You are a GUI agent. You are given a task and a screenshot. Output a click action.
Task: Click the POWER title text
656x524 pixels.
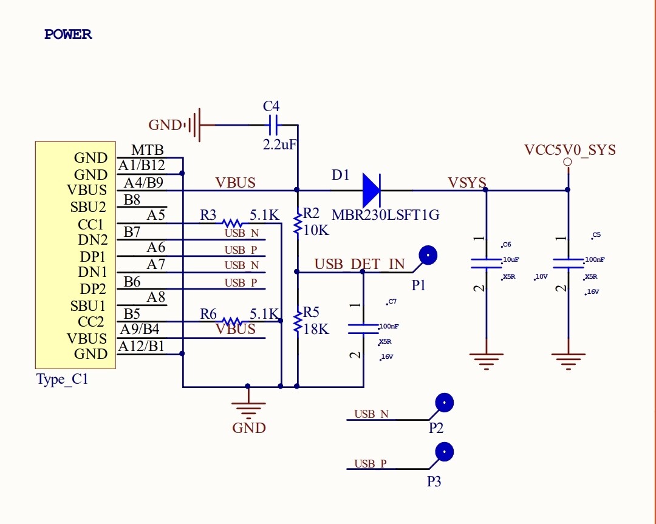[x=68, y=34]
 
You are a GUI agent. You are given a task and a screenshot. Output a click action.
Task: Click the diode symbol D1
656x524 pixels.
[x=372, y=190]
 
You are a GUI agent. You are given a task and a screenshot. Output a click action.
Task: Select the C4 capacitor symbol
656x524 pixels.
[x=272, y=124]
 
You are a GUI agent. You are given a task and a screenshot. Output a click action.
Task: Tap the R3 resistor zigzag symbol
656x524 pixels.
[x=231, y=223]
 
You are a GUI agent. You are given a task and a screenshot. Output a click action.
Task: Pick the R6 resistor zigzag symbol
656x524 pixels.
[x=231, y=321]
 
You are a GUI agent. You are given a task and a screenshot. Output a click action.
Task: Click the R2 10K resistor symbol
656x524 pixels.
[x=297, y=223]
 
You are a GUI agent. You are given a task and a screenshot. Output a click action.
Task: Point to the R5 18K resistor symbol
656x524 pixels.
[x=297, y=322]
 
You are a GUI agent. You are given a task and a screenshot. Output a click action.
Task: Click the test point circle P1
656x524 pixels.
[x=428, y=255]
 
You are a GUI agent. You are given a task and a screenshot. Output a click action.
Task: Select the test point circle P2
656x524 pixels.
[x=444, y=403]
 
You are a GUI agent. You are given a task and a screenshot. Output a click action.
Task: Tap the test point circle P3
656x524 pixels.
[x=444, y=452]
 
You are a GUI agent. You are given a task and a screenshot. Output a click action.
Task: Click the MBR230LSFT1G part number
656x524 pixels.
[x=385, y=215]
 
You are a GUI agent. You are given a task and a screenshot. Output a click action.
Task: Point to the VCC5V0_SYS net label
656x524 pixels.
[x=570, y=150]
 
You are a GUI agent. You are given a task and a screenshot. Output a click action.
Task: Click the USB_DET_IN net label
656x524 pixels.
[x=360, y=264]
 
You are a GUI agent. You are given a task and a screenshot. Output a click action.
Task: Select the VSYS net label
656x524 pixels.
[x=467, y=183]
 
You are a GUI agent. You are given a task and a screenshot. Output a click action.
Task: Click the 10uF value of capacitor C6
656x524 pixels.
[x=511, y=259]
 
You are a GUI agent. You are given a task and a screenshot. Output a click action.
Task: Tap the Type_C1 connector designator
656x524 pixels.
[x=63, y=379]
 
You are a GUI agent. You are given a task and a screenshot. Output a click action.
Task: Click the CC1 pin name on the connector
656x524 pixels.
[x=91, y=225]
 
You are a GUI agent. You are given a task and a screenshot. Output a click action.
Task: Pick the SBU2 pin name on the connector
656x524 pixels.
[x=88, y=207]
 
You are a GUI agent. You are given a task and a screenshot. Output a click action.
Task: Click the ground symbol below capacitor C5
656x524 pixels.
[x=568, y=361]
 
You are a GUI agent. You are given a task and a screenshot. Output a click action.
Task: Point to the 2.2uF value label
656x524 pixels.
[x=279, y=145]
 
